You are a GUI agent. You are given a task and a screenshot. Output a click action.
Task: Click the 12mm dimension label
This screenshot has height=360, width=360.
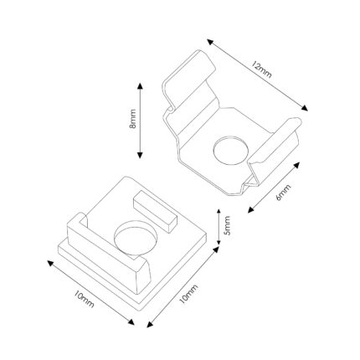[261, 69]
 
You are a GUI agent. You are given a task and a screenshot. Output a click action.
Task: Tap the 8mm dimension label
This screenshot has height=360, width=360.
[132, 119]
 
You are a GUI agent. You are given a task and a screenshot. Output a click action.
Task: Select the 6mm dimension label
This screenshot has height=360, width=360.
[283, 193]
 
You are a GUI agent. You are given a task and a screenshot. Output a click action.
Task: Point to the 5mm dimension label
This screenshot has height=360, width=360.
[228, 225]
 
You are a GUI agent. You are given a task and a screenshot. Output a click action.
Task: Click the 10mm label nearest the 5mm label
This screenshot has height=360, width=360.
[188, 294]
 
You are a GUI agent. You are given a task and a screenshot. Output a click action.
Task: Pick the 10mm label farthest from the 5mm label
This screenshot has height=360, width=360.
[84, 299]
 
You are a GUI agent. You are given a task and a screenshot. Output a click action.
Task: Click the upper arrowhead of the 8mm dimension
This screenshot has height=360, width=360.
[140, 85]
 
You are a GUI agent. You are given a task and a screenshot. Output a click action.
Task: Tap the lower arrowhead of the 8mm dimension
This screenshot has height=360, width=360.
[140, 155]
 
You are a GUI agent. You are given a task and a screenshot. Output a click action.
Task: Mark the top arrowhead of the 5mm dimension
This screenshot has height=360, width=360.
[219, 211]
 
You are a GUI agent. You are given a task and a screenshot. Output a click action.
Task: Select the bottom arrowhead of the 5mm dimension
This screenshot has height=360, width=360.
[219, 242]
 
